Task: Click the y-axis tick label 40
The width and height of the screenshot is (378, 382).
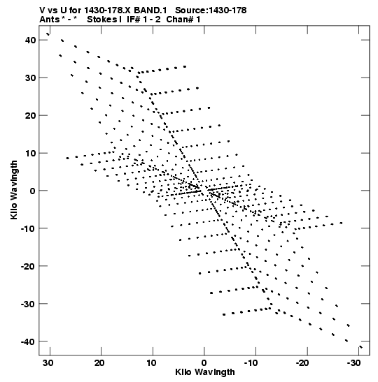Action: click(x=30, y=40)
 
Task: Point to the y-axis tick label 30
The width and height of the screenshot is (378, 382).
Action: click(x=30, y=78)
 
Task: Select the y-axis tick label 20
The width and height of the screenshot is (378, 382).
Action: click(x=30, y=115)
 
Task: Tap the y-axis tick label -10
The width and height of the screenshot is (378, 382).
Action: click(x=28, y=228)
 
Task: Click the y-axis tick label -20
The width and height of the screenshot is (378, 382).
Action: click(x=28, y=266)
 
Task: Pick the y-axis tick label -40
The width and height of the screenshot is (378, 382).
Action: click(x=28, y=341)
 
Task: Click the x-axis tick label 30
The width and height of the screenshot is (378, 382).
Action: click(x=48, y=363)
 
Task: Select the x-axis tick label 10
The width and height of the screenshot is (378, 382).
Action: click(x=151, y=363)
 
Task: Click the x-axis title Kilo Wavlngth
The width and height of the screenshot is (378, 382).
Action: click(x=205, y=372)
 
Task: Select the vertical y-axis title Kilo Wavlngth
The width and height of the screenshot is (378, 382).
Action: click(x=14, y=190)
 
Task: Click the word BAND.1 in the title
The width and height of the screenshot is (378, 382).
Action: click(x=150, y=10)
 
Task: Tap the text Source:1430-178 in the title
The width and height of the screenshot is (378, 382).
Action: click(x=211, y=10)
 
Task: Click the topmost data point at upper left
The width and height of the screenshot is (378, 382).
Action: click(x=48, y=34)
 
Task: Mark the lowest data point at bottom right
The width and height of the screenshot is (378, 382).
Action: click(x=361, y=347)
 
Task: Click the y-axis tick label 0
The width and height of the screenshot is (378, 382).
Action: click(x=33, y=191)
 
